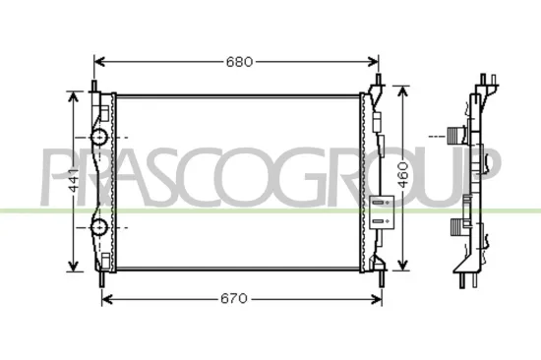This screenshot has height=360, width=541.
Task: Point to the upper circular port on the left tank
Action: click(99, 137)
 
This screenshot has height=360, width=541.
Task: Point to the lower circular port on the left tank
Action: click(99, 228)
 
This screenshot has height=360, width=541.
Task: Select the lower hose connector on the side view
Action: click(454, 229)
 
